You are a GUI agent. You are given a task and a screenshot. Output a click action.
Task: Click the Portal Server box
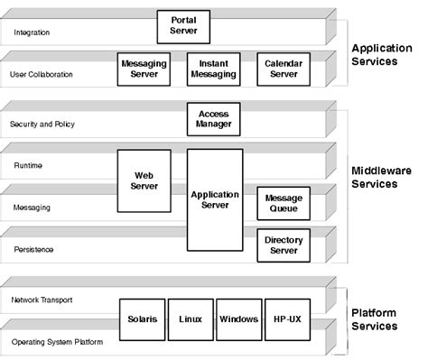tap(183, 25)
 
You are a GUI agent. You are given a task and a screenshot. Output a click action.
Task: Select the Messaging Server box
tap(144, 69)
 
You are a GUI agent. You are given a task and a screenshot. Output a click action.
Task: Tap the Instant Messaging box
tap(213, 69)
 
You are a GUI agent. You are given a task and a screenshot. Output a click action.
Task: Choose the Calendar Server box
tap(283, 69)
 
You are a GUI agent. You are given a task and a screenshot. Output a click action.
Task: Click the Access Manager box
tap(214, 119)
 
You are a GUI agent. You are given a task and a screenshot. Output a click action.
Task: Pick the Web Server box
tap(144, 180)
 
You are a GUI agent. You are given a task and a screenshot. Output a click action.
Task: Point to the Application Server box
tap(215, 199)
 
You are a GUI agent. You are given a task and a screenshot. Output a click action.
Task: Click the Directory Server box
tap(283, 245)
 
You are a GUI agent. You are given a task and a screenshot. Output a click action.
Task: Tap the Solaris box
tap(141, 319)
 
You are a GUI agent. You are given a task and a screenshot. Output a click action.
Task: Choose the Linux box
tap(190, 319)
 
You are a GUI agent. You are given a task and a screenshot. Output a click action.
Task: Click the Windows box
tap(238, 319)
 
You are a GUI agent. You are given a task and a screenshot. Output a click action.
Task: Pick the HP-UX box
tap(286, 319)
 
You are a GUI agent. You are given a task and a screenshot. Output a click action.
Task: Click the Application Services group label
tap(387, 55)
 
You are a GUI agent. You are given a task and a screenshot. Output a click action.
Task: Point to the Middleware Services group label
tap(387, 176)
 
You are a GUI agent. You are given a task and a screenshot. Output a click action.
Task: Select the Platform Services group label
tap(387, 318)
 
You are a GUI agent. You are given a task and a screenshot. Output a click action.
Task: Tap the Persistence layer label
tap(33, 249)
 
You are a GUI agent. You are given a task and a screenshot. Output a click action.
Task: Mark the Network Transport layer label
tap(42, 300)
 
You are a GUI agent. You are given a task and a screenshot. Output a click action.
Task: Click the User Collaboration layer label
tap(42, 74)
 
